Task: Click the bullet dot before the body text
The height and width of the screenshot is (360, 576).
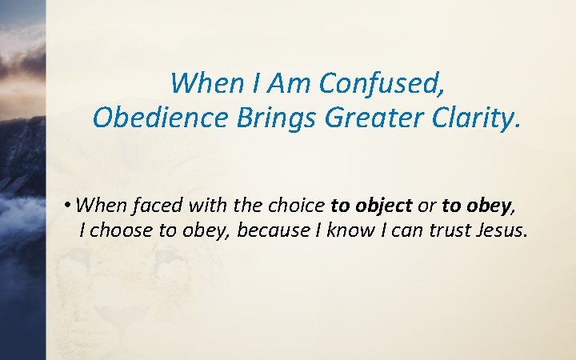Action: pos(71,206)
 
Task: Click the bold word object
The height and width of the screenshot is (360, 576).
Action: pos(380,206)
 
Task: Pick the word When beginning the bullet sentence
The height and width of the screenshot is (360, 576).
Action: pos(103,206)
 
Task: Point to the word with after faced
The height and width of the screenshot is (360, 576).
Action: pos(196,206)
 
